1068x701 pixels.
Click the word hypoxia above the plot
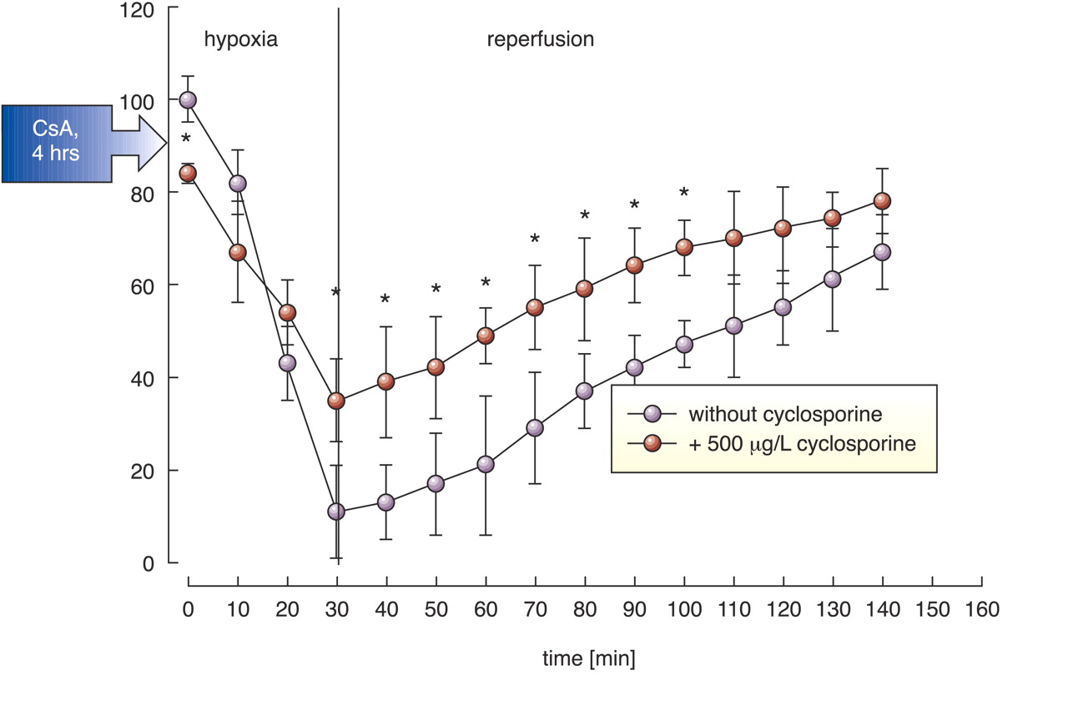pos(241,39)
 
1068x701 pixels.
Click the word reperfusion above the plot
pos(541,39)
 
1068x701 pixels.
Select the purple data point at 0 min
pos(188,100)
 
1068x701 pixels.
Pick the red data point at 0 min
pos(188,174)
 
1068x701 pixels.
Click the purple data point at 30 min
pos(336,512)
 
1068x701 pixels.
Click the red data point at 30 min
pos(336,401)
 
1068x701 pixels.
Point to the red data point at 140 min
pos(882,201)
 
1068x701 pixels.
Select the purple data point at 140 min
pos(882,252)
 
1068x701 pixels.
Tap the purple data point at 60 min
pos(486,464)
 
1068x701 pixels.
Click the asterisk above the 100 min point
pos(684,194)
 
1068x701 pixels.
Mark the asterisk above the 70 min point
pos(535,240)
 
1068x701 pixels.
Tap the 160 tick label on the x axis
pos(981,610)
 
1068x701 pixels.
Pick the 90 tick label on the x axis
pos(635,610)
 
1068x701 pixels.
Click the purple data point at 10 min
pos(238,184)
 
